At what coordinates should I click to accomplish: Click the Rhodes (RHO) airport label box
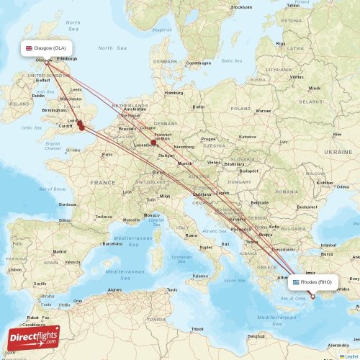click(312, 282)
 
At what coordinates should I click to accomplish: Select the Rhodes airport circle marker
click(312, 296)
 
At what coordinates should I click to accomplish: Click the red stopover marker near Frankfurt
click(153, 143)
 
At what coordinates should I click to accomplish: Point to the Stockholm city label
click(241, 7)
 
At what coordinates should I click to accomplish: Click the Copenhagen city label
click(198, 63)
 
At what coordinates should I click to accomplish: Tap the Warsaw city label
click(264, 111)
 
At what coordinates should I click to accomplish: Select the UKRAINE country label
click(338, 153)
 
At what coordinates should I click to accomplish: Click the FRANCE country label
click(102, 183)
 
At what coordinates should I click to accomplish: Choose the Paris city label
click(107, 154)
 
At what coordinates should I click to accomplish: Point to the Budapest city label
click(249, 171)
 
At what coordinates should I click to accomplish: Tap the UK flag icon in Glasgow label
click(29, 49)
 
